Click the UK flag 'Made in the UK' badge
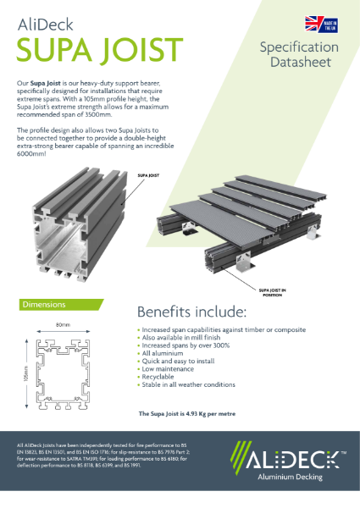tap(313, 24)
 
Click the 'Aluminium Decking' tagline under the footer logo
tap(293, 477)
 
